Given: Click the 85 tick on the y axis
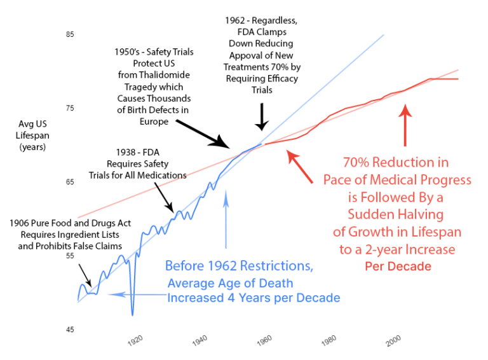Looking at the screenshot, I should pyautogui.click(x=70, y=34).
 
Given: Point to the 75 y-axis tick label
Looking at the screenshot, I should pyautogui.click(x=70, y=108).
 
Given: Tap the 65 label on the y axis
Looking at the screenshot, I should pyautogui.click(x=70, y=183).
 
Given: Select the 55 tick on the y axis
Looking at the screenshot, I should pyautogui.click(x=70, y=256).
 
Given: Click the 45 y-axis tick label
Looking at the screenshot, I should pyautogui.click(x=70, y=329).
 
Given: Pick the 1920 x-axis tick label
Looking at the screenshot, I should pyautogui.click(x=135, y=341).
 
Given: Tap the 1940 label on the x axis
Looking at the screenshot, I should pyautogui.click(x=200, y=341).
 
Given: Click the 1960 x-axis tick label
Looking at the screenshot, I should pyautogui.click(x=264, y=341).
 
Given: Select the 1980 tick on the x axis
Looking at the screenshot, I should pyautogui.click(x=329, y=341).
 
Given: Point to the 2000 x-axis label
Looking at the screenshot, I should pyautogui.click(x=394, y=341).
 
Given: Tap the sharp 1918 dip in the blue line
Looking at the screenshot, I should pyautogui.click(x=133, y=312).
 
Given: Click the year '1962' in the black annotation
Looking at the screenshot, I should pyautogui.click(x=236, y=20).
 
